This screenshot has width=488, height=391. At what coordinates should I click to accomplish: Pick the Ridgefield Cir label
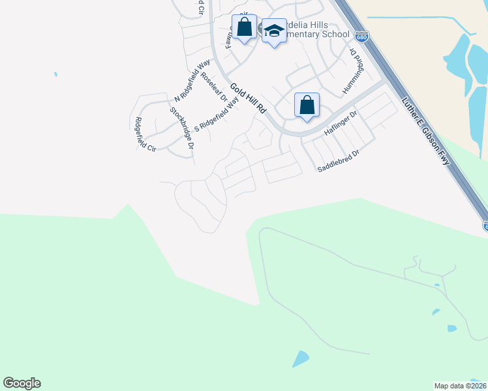point(145,134)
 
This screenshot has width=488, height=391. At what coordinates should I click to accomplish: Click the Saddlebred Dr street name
point(339,161)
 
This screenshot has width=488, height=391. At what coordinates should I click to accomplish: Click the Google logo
point(22,383)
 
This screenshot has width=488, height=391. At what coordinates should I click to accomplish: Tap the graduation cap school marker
point(274,31)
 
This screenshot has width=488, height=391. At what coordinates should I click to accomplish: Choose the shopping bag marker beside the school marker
point(245,28)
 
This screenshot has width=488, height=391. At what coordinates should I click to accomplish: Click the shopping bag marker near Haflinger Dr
point(307,106)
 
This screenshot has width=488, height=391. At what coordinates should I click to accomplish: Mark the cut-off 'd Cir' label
point(201,9)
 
